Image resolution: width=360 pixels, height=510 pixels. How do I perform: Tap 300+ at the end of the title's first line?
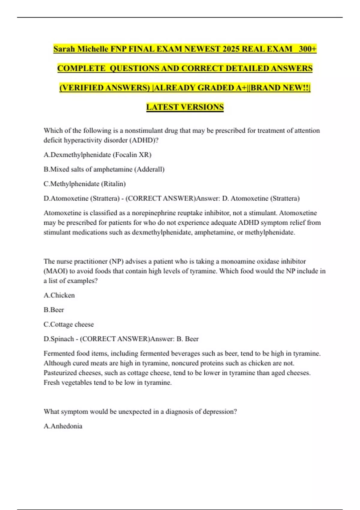tap(307, 49)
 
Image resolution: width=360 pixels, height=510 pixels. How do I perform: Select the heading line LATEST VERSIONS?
tap(185, 107)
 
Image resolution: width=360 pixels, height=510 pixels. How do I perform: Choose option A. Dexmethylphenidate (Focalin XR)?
tap(97, 155)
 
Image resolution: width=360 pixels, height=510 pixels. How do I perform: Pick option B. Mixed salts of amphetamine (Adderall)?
tap(104, 169)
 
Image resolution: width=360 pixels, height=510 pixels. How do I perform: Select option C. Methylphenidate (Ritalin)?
tap(85, 184)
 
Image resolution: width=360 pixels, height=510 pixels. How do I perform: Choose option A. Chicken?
tap(59, 295)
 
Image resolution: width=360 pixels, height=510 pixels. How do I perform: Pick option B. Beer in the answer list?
tap(54, 310)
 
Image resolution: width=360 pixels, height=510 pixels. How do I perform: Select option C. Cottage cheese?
tap(69, 324)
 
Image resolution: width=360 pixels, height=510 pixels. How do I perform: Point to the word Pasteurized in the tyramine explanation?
tap(61, 373)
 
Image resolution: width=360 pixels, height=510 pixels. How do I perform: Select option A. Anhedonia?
tap(63, 426)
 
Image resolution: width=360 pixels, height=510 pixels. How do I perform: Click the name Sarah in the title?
tap(64, 49)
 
